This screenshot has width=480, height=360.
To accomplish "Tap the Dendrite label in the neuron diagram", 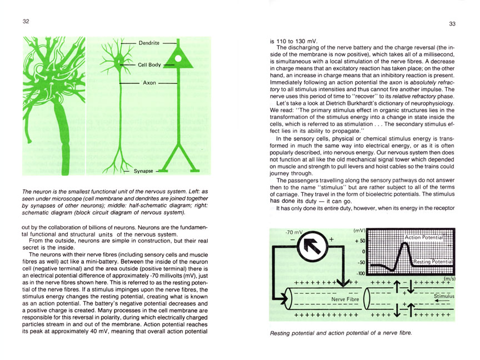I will coord(148,43).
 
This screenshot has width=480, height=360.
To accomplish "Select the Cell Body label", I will coord(149,65).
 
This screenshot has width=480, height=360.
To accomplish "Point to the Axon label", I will coord(149,83).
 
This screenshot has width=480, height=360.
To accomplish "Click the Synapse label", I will coord(144,172).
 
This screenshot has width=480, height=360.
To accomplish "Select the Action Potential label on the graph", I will coord(423,237).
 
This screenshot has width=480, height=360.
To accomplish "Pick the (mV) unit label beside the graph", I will coord(359,230).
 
